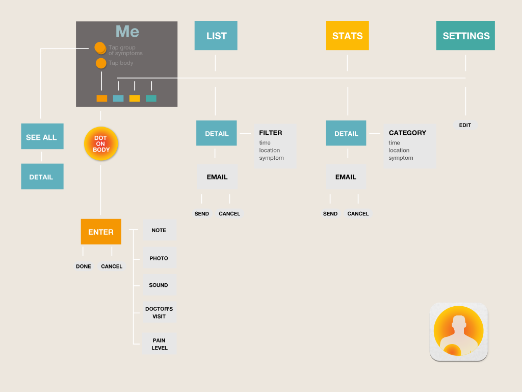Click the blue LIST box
pyautogui.click(x=216, y=35)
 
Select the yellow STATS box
pyautogui.click(x=347, y=35)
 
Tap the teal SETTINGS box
pyautogui.click(x=465, y=35)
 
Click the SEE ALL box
pyautogui.click(x=42, y=136)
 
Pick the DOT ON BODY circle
pyautogui.click(x=101, y=143)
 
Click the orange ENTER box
pyautogui.click(x=101, y=232)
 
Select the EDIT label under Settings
pyautogui.click(x=465, y=125)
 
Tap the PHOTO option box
pyautogui.click(x=159, y=258)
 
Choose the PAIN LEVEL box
pyautogui.click(x=159, y=344)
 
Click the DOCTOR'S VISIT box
pyautogui.click(x=159, y=312)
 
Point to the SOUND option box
pyautogui.click(x=159, y=285)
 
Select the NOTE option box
pyautogui.click(x=159, y=230)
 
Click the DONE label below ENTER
pyautogui.click(x=83, y=266)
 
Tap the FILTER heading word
pyautogui.click(x=271, y=133)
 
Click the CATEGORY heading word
pyautogui.click(x=407, y=133)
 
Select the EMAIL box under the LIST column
pyautogui.click(x=217, y=177)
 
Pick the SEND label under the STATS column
pyautogui.click(x=330, y=214)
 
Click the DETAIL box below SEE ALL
pyautogui.click(x=42, y=176)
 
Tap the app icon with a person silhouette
pyautogui.click(x=459, y=332)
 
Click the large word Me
pyautogui.click(x=127, y=31)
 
